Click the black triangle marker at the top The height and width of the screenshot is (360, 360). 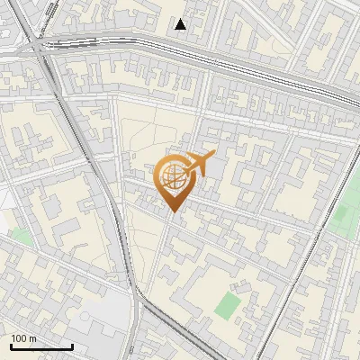pos(181,24)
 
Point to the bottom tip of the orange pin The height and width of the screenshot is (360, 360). pos(173,212)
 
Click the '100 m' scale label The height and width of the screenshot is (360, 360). pos(23,338)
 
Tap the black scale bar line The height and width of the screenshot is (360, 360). pos(41,346)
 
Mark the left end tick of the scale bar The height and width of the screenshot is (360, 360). pos(11,346)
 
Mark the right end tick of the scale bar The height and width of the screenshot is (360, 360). pos(72,346)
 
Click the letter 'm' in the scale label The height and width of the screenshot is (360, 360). pos(32,338)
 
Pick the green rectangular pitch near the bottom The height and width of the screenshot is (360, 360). pos(229,305)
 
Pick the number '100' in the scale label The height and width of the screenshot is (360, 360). pos(19,338)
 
